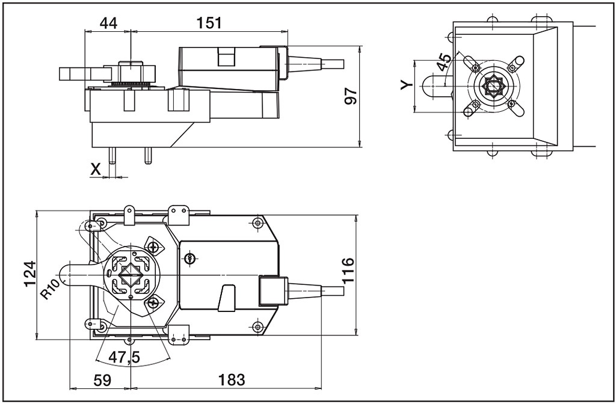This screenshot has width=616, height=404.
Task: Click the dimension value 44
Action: (108, 23)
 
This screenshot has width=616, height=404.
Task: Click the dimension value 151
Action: (209, 23)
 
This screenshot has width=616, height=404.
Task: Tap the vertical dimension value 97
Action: (351, 96)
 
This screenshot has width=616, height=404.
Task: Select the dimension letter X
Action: (96, 169)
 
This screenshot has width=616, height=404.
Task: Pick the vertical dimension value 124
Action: (28, 274)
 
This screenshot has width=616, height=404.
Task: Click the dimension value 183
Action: (232, 379)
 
